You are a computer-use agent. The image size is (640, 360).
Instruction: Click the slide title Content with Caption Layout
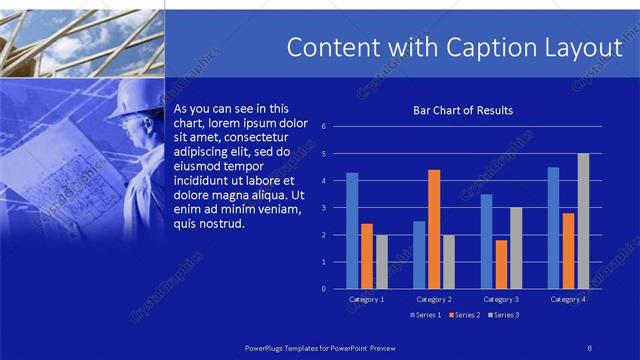(454, 47)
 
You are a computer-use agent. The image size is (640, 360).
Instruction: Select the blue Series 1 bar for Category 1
(352, 231)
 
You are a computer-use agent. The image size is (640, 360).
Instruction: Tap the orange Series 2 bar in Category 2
(434, 229)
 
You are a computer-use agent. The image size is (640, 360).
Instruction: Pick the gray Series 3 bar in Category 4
(583, 221)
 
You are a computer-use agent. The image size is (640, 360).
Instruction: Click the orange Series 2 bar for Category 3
(501, 264)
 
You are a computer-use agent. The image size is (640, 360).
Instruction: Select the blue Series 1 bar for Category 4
(553, 228)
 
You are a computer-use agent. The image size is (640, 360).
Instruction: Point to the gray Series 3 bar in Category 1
(381, 262)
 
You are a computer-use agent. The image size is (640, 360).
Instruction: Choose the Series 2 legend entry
(464, 315)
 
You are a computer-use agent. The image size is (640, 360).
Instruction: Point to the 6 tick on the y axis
(323, 127)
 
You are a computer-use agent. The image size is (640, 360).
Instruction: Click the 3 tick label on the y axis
(323, 208)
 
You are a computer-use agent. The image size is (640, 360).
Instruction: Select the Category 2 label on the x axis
(434, 299)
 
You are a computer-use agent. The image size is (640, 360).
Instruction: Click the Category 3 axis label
(501, 299)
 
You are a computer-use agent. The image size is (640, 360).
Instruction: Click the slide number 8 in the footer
(589, 346)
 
